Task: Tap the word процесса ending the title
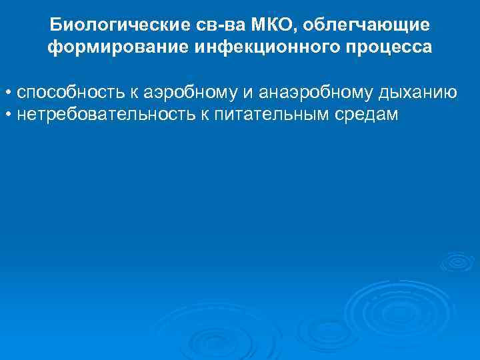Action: click(381, 48)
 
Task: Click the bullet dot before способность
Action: click(7, 92)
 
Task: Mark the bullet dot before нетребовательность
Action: click(7, 115)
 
